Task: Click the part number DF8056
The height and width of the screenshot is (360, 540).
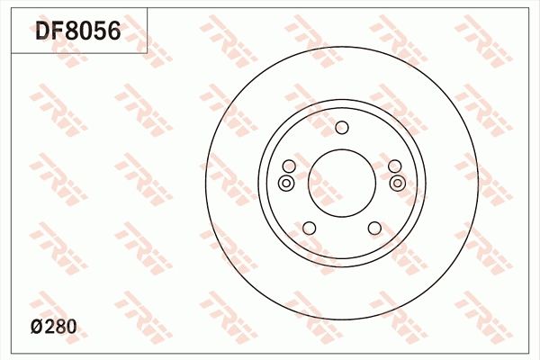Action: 77,33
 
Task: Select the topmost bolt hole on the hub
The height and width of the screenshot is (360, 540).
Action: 341,128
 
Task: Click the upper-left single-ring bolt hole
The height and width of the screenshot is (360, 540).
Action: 289,166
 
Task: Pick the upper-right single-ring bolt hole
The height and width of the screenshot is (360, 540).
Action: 393,166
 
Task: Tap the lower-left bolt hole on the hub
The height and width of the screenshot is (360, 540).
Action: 309,227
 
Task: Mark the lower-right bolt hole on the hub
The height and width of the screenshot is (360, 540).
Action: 373,227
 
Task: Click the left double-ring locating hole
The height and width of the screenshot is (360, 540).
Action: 286,184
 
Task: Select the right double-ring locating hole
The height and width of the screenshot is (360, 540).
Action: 398,184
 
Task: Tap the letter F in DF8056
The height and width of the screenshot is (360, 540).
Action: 58,33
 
